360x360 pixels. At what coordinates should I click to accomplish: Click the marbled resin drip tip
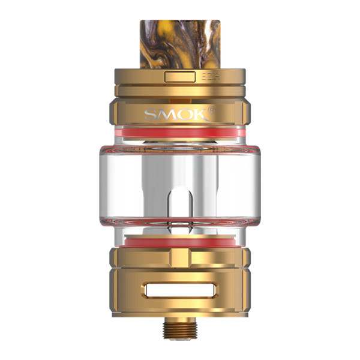(x=180, y=44)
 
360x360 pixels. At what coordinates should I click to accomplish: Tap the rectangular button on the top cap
(x=180, y=77)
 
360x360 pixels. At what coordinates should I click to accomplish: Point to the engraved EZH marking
(x=211, y=77)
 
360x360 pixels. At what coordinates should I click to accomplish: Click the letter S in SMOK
(x=151, y=115)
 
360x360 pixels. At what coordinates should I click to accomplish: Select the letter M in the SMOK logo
(x=166, y=115)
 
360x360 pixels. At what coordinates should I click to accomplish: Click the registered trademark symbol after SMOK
(x=211, y=110)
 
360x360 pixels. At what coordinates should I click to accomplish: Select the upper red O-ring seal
(x=180, y=133)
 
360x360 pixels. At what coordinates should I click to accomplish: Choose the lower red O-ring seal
(x=180, y=242)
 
